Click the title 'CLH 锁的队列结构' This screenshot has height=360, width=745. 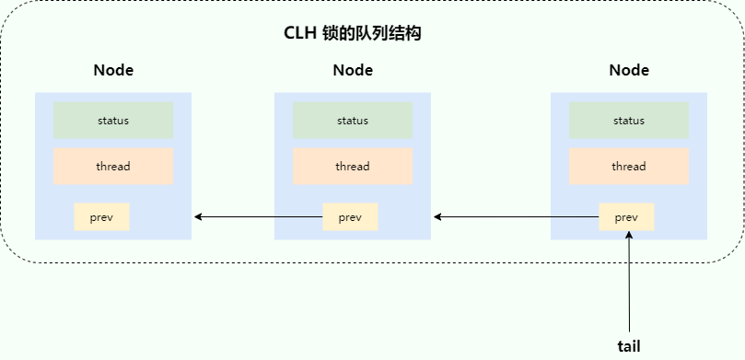[x=353, y=34]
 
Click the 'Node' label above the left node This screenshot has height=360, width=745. [x=113, y=71]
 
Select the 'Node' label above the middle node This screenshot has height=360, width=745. [x=353, y=71]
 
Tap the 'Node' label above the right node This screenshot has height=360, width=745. [x=629, y=71]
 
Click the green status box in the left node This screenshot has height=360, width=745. [x=113, y=121]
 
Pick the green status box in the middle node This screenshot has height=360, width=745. [x=353, y=121]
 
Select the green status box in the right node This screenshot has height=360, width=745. [x=629, y=121]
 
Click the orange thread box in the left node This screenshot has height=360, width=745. [x=113, y=167]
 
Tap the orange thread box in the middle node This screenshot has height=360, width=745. [x=353, y=167]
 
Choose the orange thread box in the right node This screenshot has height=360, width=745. [x=629, y=167]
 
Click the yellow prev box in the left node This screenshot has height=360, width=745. [x=101, y=217]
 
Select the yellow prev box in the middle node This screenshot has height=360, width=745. [x=350, y=217]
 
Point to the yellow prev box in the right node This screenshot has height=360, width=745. [x=626, y=217]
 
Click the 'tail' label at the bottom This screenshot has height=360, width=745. [x=629, y=346]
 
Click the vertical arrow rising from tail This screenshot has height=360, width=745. [x=629, y=285]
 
